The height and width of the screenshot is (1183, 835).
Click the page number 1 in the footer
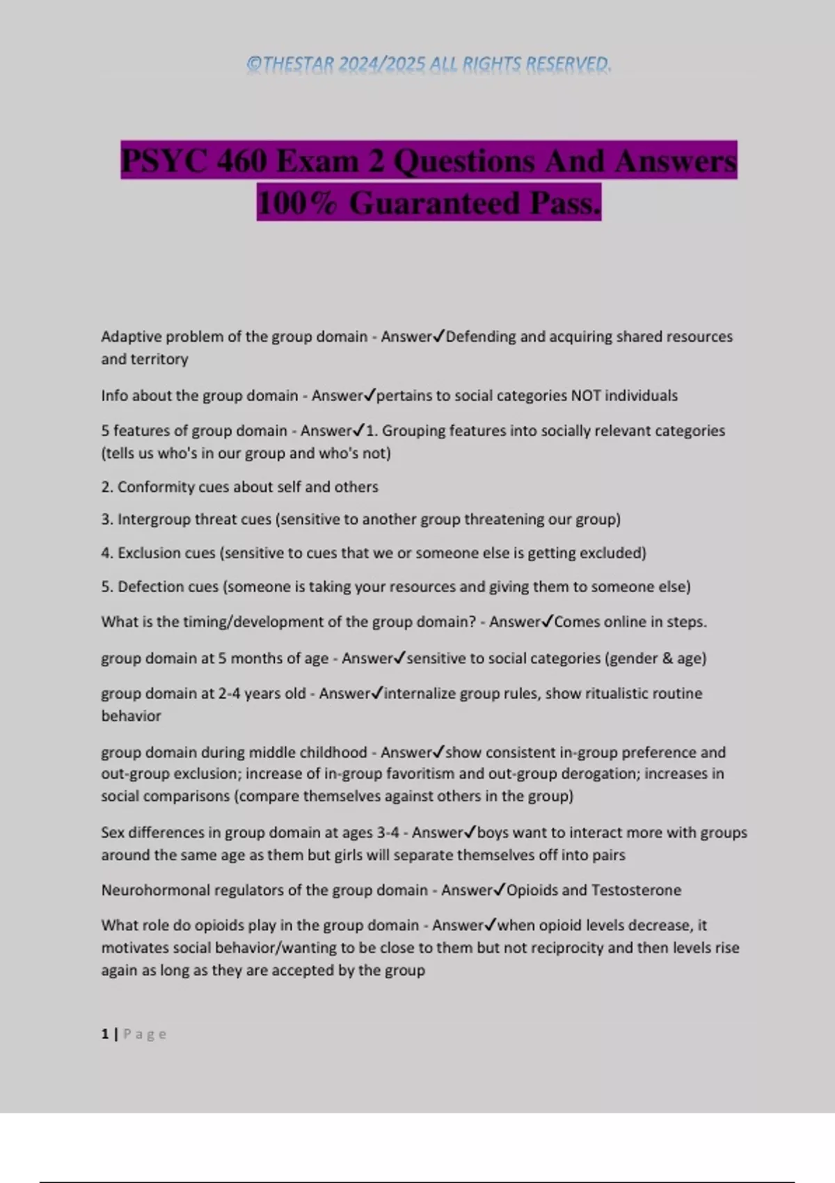[x=105, y=1034]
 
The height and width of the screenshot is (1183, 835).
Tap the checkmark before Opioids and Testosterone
[x=500, y=890]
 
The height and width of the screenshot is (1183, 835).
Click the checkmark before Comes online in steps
[x=547, y=621]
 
